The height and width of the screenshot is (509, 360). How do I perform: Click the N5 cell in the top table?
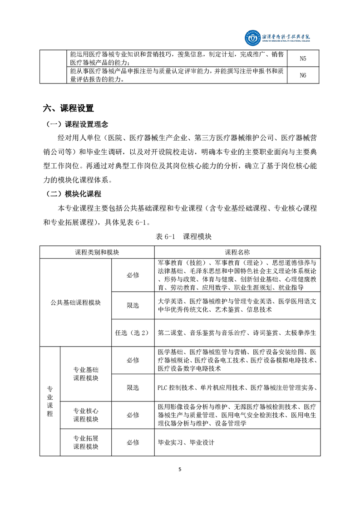coord(303,59)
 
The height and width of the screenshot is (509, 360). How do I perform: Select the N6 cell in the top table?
coord(303,75)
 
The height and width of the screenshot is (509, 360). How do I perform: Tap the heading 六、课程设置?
coord(68,108)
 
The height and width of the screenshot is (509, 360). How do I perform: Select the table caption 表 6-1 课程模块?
coord(180,236)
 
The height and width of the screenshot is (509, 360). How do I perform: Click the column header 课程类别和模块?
coord(97,252)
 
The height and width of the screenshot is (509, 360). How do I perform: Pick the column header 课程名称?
coord(237,252)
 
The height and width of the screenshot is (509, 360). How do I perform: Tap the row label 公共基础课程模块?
coord(76,303)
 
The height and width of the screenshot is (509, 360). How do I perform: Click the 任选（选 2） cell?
coord(133,333)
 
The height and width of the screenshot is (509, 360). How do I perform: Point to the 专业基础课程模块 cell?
coord(86,374)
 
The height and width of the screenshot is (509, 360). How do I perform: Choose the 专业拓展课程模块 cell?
coord(86,443)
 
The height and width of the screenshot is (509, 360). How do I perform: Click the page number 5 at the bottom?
coord(180,470)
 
